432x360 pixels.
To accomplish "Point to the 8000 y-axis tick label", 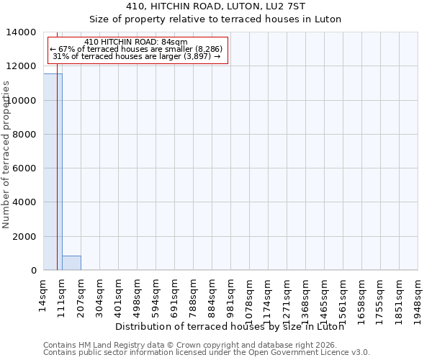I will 25,135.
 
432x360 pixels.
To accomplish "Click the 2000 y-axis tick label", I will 25,236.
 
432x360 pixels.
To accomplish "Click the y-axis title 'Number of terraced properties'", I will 6,154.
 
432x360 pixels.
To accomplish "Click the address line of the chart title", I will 215,6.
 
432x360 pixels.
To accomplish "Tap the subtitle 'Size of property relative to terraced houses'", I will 215,19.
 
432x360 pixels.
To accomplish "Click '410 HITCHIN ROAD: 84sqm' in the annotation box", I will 135,42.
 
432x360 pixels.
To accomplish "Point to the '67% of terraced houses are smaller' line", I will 136,49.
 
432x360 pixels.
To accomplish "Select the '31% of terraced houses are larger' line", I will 136,56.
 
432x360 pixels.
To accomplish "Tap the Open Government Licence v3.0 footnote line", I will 207,353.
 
